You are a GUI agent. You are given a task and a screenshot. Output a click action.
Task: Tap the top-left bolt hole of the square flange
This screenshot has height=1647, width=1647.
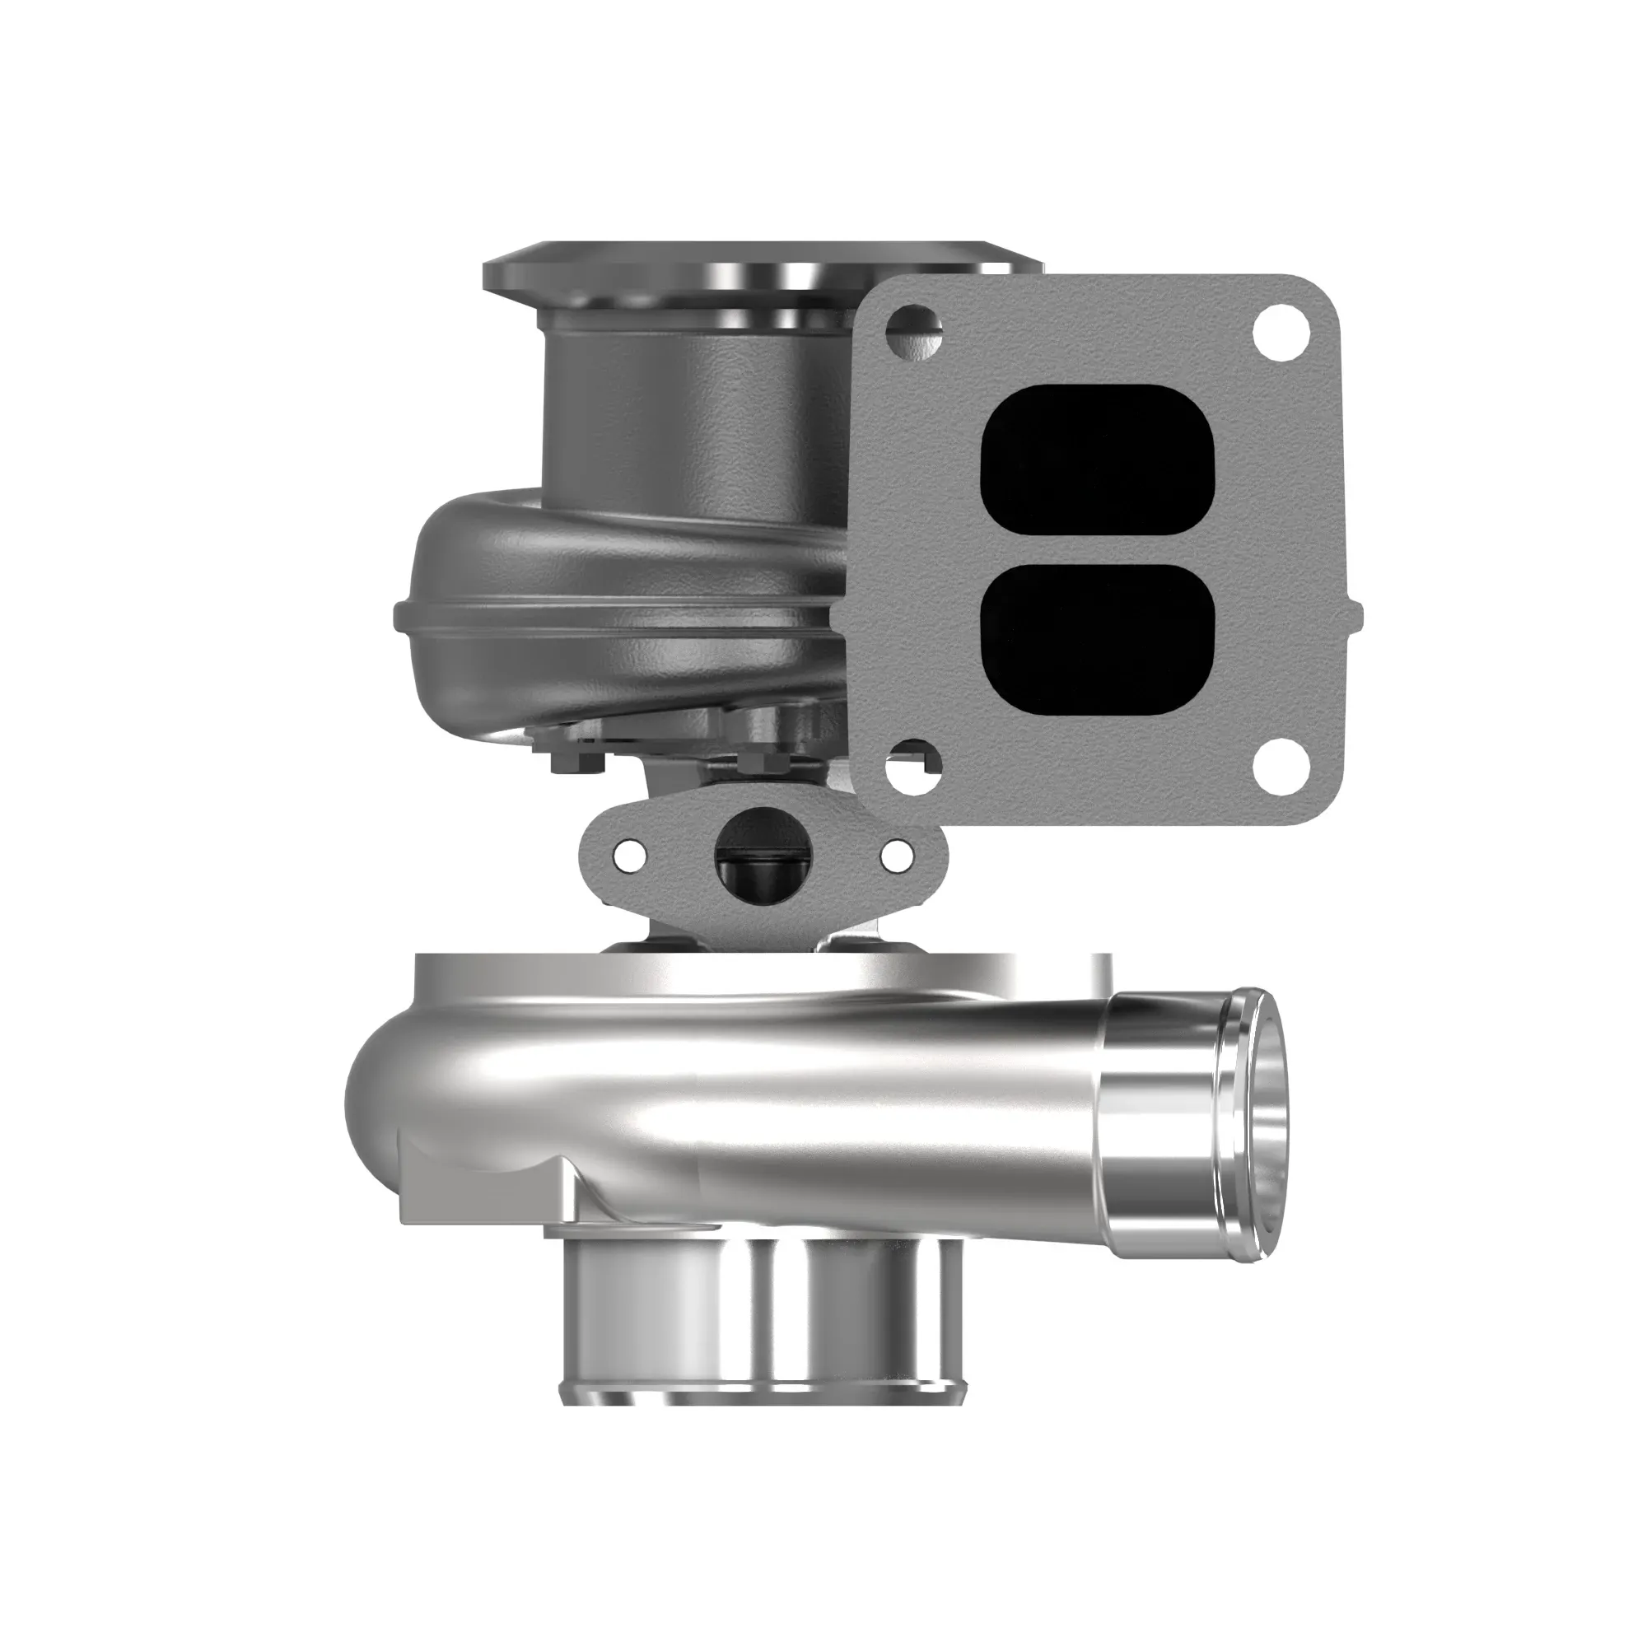click(915, 326)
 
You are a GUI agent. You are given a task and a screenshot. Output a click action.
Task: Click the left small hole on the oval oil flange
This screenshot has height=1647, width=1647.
click(629, 853)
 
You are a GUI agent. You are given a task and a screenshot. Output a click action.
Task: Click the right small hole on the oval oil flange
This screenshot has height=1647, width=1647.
click(895, 855)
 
